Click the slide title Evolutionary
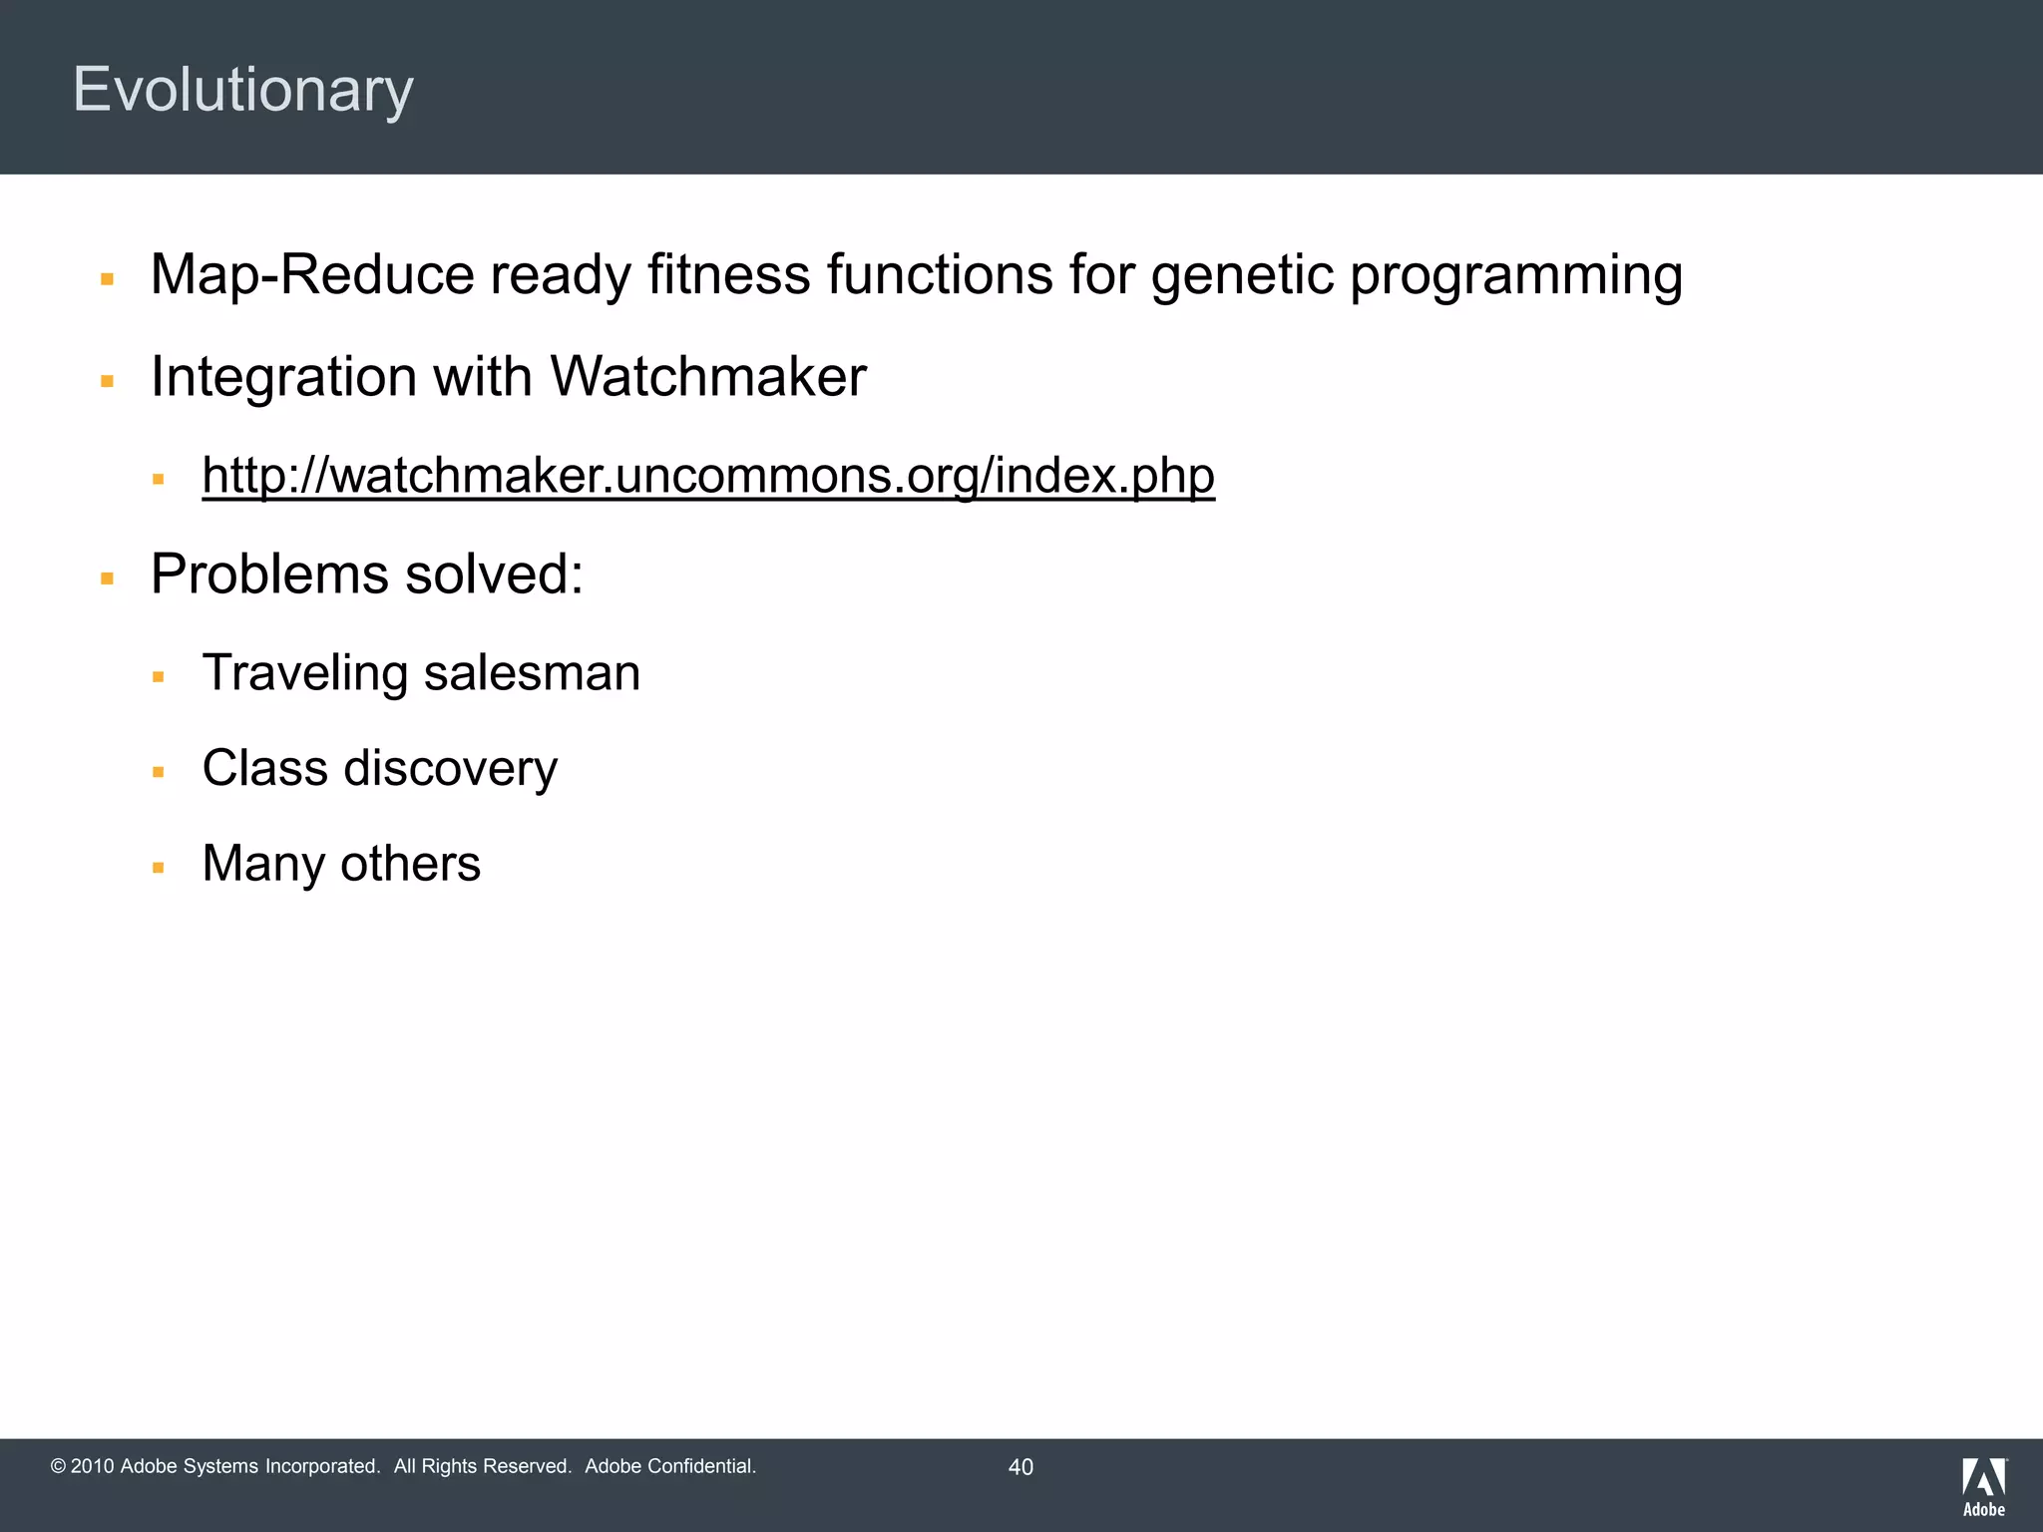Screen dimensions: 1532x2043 click(x=242, y=90)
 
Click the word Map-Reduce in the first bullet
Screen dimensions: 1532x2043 click(x=311, y=274)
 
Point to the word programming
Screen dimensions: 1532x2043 click(x=1515, y=276)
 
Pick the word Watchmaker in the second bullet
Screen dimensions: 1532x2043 click(x=707, y=377)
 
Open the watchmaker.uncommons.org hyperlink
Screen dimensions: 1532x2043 click(x=707, y=476)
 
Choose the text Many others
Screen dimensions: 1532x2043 click(x=341, y=864)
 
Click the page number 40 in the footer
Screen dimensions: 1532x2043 click(x=1021, y=1467)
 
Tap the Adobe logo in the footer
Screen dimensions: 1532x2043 click(x=1983, y=1486)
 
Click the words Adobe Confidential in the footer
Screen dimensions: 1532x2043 click(x=669, y=1466)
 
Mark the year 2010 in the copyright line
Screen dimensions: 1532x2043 click(x=93, y=1466)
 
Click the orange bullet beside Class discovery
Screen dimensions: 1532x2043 click(x=158, y=772)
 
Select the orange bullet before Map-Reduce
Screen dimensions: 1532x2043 click(x=107, y=279)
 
